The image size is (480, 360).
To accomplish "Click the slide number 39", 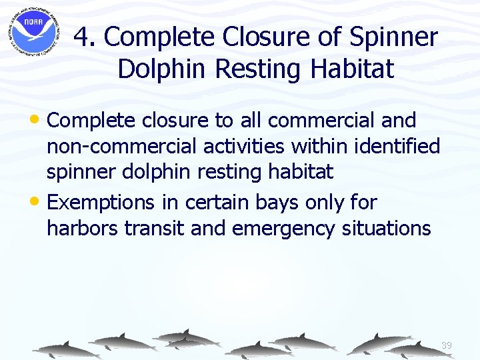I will point(446,345).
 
